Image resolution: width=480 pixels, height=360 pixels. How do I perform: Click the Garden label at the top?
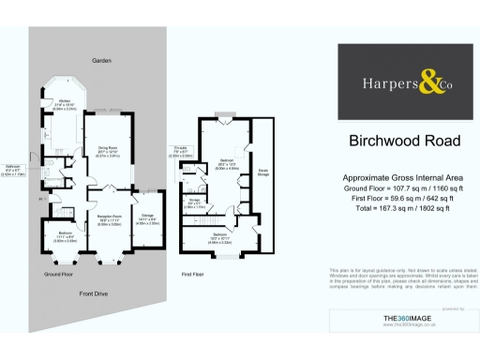[x=101, y=60]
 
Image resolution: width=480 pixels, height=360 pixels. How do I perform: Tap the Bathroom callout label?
[x=12, y=169]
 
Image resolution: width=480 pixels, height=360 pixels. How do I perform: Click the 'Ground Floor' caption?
[x=58, y=274]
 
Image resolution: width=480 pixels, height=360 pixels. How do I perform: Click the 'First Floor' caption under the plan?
[x=193, y=274]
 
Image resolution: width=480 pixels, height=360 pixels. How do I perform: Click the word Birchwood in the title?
[x=391, y=142]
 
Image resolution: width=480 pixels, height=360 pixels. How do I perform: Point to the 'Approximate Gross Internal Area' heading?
[x=404, y=177]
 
